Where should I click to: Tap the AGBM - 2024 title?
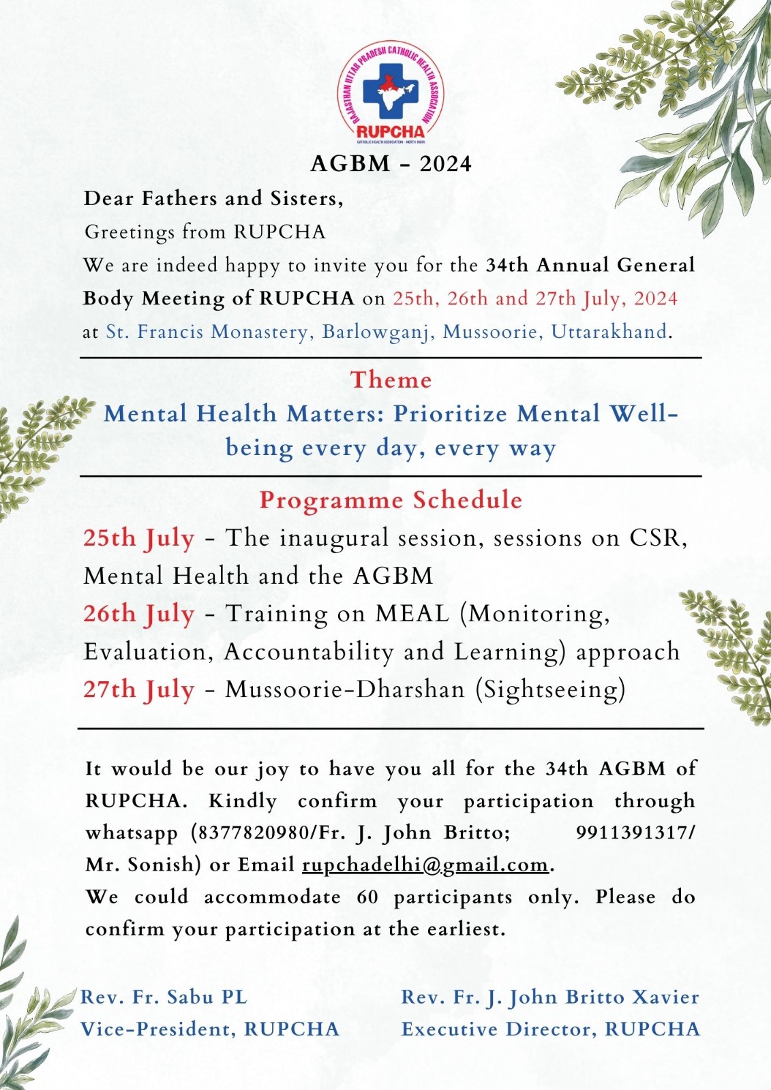tap(391, 164)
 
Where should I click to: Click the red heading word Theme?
tap(391, 380)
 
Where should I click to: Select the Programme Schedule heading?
tap(391, 501)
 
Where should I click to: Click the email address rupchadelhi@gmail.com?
tap(425, 865)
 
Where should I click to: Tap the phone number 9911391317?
tap(633, 832)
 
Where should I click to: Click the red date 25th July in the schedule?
tap(139, 539)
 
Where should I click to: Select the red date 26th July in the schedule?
tap(139, 614)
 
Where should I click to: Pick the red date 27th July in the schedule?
tap(139, 690)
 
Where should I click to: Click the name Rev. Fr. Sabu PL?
tap(164, 997)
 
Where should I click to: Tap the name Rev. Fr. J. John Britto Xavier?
tap(550, 997)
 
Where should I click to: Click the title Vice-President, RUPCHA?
tap(210, 1029)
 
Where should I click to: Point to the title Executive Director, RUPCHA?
tap(550, 1029)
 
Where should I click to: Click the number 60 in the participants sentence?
tap(367, 897)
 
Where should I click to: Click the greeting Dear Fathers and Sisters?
tap(213, 199)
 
